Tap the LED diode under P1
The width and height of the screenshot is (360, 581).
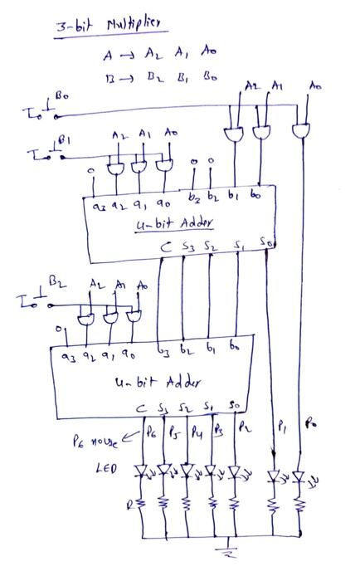coord(273,477)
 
